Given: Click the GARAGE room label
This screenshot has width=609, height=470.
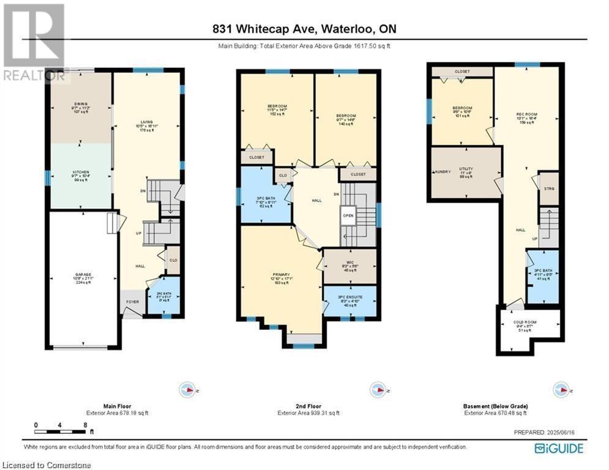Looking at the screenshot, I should pos(83,275).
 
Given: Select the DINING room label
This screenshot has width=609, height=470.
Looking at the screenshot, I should pos(80,104).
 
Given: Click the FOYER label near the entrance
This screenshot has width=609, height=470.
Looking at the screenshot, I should pos(132,302).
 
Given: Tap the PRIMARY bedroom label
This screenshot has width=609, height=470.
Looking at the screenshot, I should pos(281,275).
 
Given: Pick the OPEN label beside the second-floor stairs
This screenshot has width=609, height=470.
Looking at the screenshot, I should pos(348,215).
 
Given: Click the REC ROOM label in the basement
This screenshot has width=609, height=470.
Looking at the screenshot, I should pos(526,113).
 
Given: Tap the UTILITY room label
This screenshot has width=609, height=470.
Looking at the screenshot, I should pos(466,168).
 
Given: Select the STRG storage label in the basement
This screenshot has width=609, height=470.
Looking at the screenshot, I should pos(548,188).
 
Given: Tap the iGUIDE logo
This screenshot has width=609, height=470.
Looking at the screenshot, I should pos(559,449).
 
